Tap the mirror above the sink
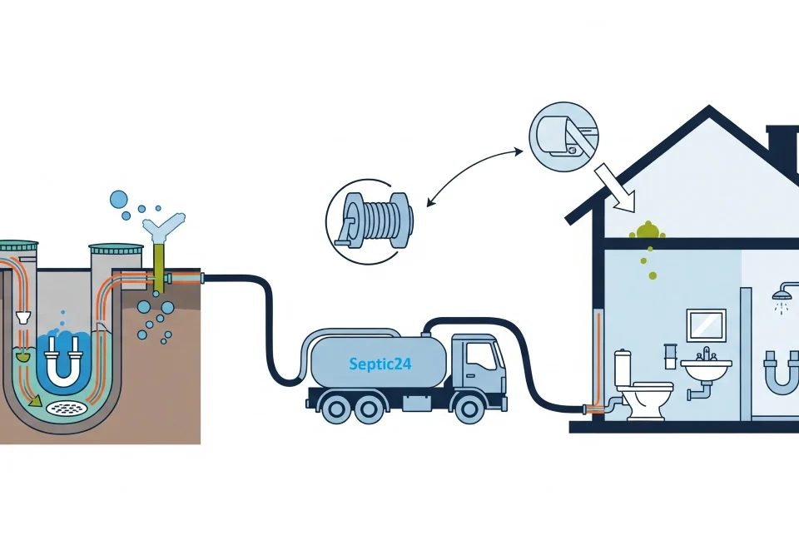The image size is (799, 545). [706, 325]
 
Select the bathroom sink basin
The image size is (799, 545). [706, 365]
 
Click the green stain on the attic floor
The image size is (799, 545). [646, 231]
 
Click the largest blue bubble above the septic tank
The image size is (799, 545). [119, 199]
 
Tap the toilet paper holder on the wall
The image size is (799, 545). [669, 355]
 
